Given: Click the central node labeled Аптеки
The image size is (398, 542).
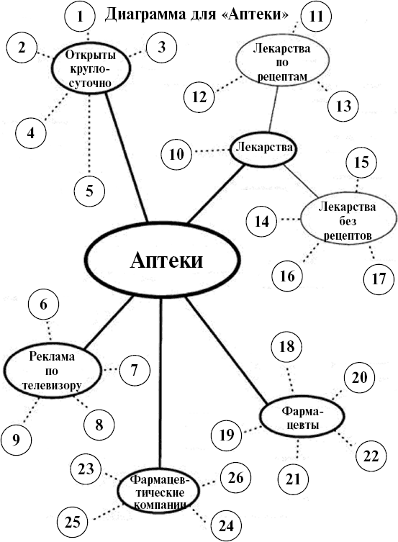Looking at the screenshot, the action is click(162, 260).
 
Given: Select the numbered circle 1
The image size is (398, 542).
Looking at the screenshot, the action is click(80, 17).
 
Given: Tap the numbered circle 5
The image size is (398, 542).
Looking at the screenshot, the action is click(89, 191).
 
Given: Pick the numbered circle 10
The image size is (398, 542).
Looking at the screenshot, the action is click(176, 154).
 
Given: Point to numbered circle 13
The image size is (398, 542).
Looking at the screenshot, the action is click(343, 106).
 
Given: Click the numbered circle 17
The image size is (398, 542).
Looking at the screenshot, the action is click(379, 279).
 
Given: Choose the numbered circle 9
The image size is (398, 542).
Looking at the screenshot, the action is click(16, 439).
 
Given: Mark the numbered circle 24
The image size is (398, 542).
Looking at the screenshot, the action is click(226, 526).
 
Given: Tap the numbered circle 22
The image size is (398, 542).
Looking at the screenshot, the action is click(371, 456).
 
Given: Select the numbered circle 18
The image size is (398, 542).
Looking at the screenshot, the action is click(286, 346).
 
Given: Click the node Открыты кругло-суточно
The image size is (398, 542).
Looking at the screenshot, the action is click(91, 69).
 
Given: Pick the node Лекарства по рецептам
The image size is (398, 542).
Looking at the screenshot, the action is click(282, 61).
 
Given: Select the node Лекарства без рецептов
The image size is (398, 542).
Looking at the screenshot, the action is click(348, 220).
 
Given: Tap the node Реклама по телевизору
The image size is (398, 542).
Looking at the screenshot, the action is click(53, 371).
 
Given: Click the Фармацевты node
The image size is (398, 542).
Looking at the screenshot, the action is click(302, 417).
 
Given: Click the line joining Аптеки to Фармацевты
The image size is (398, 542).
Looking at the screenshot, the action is click(227, 351).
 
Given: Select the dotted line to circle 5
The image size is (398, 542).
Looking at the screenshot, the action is click(89, 135).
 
